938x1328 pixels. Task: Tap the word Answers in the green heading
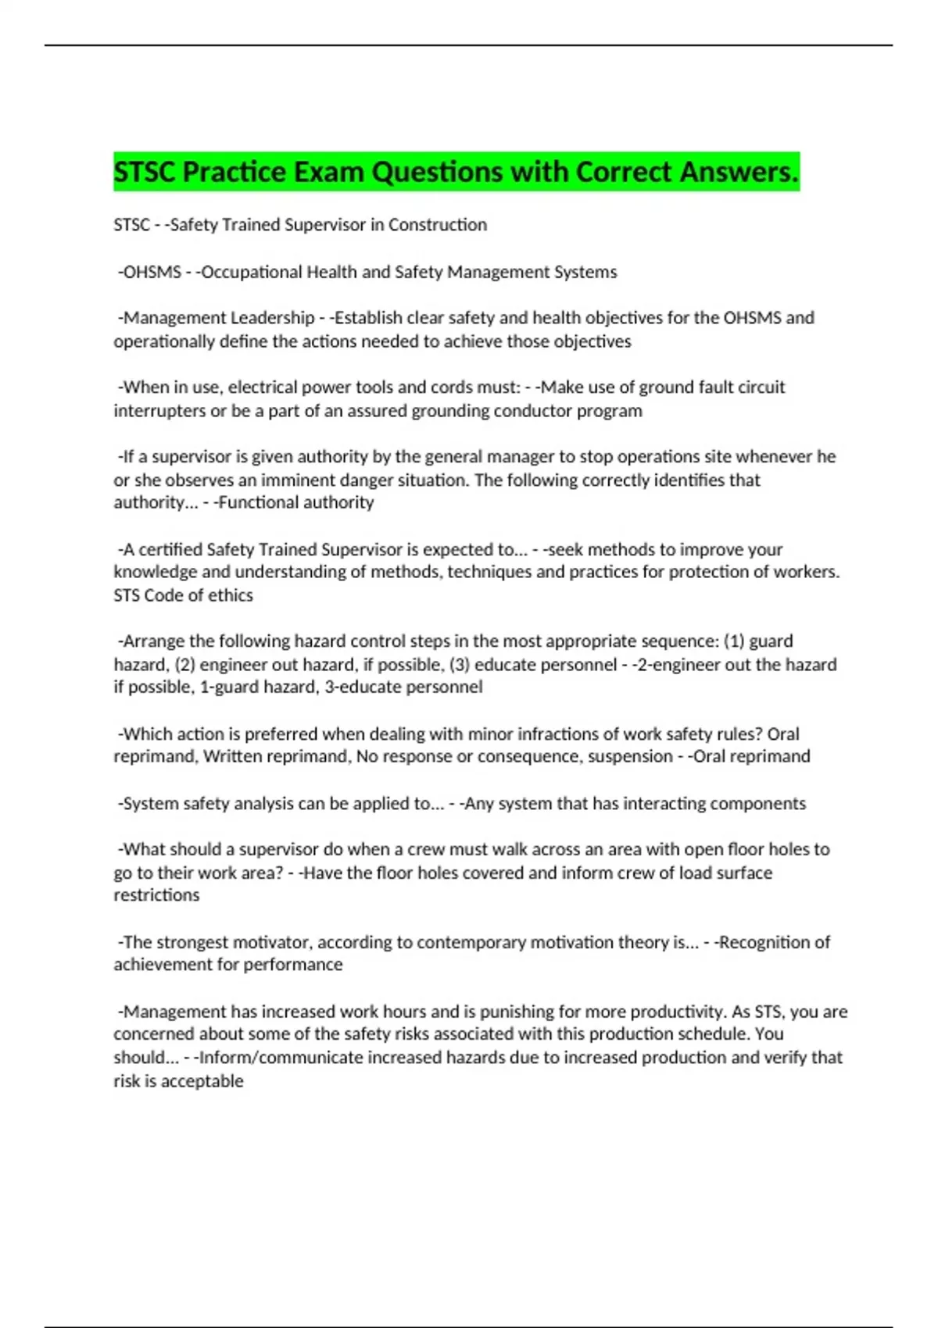coord(739,172)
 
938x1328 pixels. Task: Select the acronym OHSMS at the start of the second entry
coord(152,272)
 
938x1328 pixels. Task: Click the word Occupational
coord(251,272)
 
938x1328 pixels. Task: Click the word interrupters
coord(159,411)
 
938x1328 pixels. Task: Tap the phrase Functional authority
coord(296,502)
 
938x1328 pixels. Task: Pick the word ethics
coord(231,595)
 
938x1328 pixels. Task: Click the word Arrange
coord(153,641)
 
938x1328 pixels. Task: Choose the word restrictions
coord(156,895)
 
